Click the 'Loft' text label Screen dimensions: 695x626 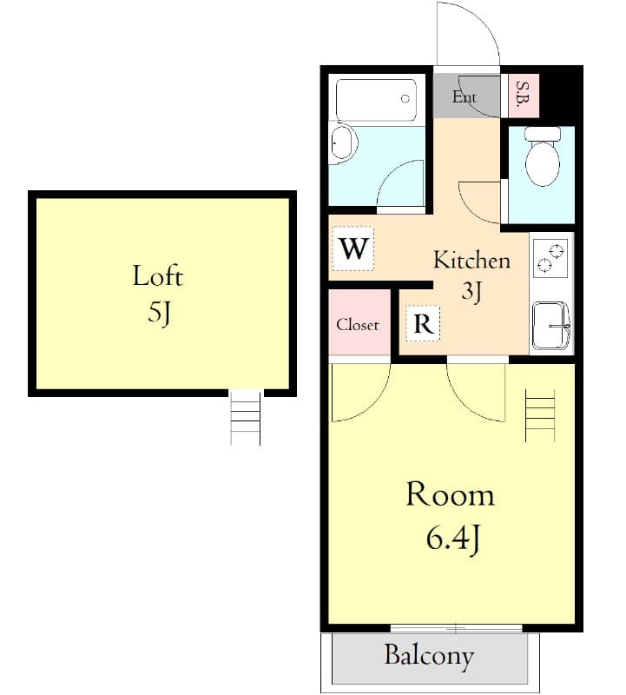coord(157,276)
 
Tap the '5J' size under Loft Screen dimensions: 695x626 coord(157,312)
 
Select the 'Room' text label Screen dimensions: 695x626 coord(450,495)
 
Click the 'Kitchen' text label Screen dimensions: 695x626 coord(471,260)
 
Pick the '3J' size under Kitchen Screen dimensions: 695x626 coord(471,292)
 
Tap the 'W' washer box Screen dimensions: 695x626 coord(353,249)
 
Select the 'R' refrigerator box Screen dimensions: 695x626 coord(423,324)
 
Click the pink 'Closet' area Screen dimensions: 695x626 coord(359,323)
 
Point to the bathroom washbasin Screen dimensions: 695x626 coord(342,143)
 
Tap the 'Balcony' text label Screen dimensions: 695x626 coord(430,655)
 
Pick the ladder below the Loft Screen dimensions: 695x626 coord(246,417)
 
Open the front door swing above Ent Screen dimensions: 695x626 coord(466,35)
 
